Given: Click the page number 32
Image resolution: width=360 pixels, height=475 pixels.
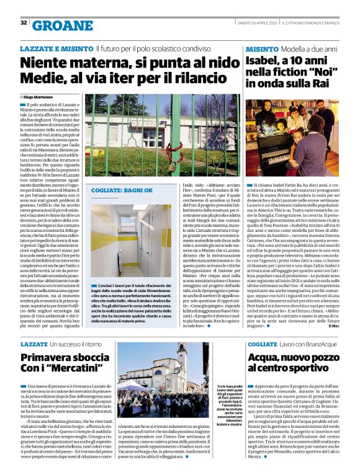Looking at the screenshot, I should pos(23,23).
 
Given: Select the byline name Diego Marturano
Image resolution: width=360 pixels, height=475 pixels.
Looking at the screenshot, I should pos(39,97).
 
